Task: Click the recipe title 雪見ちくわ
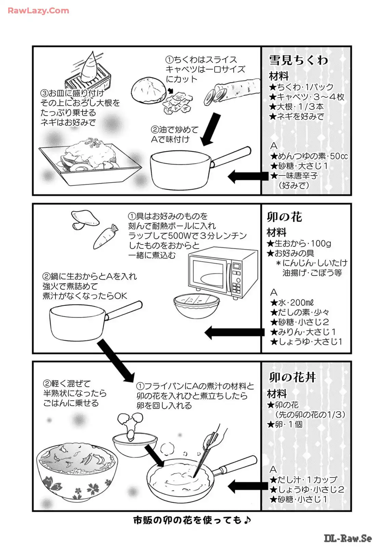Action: pyautogui.click(x=298, y=60)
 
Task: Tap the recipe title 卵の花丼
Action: pyautogui.click(x=292, y=377)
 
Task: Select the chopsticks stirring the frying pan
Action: pyautogui.click(x=207, y=451)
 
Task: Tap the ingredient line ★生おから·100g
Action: pyautogui.click(x=299, y=244)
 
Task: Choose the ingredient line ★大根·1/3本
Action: pyautogui.click(x=296, y=107)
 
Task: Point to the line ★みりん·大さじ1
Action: pyautogui.click(x=303, y=332)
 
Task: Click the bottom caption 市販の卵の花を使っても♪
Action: pyautogui.click(x=192, y=521)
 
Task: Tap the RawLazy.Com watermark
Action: pyautogui.click(x=38, y=11)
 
